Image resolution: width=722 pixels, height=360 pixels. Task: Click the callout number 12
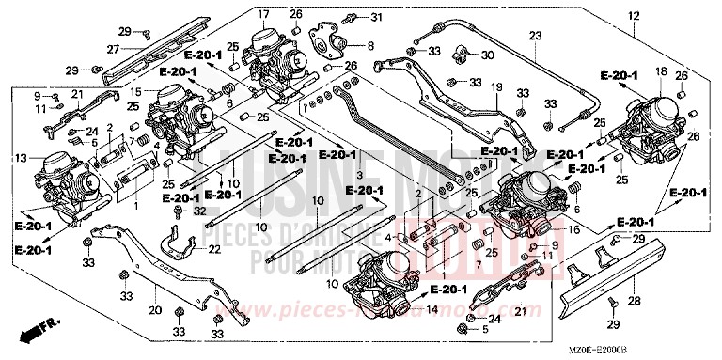tap(633, 16)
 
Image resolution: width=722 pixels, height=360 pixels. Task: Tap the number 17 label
tap(263, 15)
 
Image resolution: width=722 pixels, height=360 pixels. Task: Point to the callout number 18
tap(661, 71)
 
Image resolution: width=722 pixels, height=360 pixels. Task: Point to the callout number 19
tap(496, 86)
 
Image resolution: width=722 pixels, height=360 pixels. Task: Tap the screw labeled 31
tap(352, 18)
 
